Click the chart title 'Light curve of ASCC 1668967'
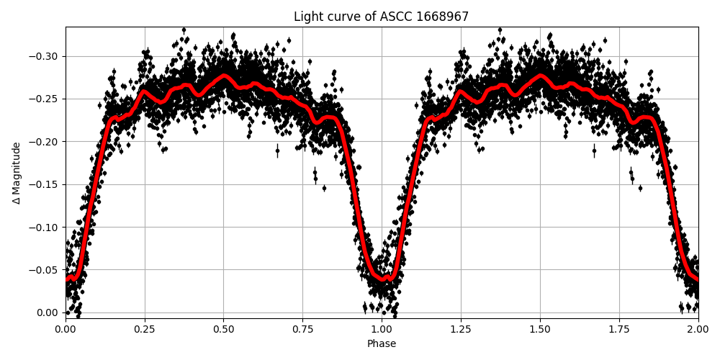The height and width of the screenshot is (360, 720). (x=381, y=17)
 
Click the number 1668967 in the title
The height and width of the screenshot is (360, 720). (x=444, y=17)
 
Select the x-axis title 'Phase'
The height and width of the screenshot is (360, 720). (x=381, y=344)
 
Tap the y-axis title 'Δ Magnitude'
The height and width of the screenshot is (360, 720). (x=17, y=173)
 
